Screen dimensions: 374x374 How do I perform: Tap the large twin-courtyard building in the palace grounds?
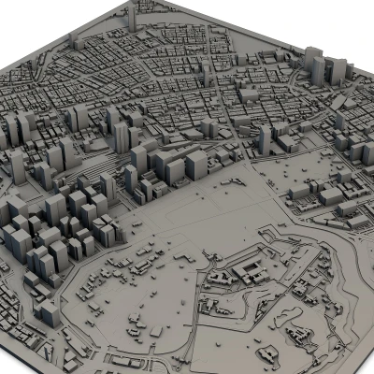coord(251,272)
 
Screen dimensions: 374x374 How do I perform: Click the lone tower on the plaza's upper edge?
coord(265,140)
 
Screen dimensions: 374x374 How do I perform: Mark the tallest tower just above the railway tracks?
coord(122,136)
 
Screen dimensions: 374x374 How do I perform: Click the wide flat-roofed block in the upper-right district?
coord(251,93)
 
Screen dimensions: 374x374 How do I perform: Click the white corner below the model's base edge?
coord(14,367)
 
